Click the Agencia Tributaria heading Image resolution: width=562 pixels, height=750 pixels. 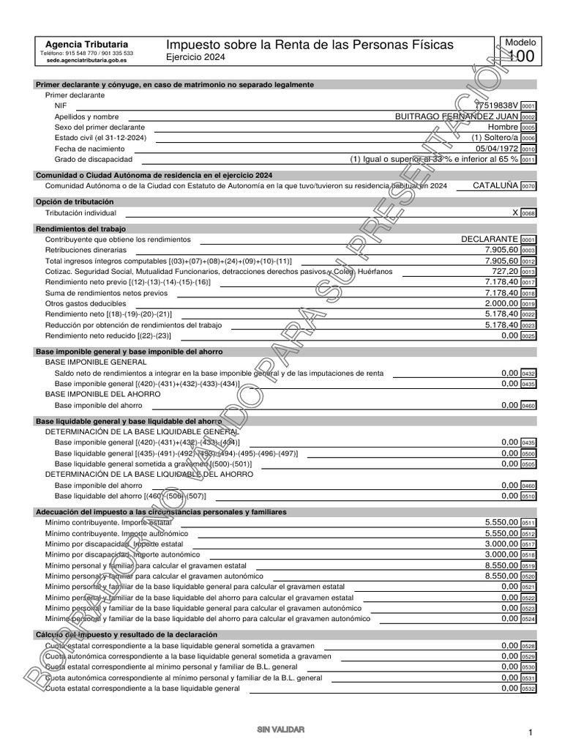click(86, 44)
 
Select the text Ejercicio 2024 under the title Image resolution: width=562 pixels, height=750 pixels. click(195, 57)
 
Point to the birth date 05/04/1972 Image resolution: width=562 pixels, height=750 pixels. click(497, 148)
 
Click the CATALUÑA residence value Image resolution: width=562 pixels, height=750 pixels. click(495, 186)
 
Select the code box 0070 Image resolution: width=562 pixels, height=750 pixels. click(528, 187)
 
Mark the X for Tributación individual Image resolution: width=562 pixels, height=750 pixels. click(515, 212)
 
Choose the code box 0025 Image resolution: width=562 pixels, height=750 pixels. click(528, 336)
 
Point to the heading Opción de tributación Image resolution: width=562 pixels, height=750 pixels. click(75, 201)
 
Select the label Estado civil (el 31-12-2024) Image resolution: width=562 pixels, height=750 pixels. click(100, 138)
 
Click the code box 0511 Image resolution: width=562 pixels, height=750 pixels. click(528, 523)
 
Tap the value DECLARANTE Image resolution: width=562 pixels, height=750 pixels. click(490, 240)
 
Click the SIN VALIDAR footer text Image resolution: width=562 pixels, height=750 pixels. click(280, 729)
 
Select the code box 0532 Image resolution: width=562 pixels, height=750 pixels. click(528, 689)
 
